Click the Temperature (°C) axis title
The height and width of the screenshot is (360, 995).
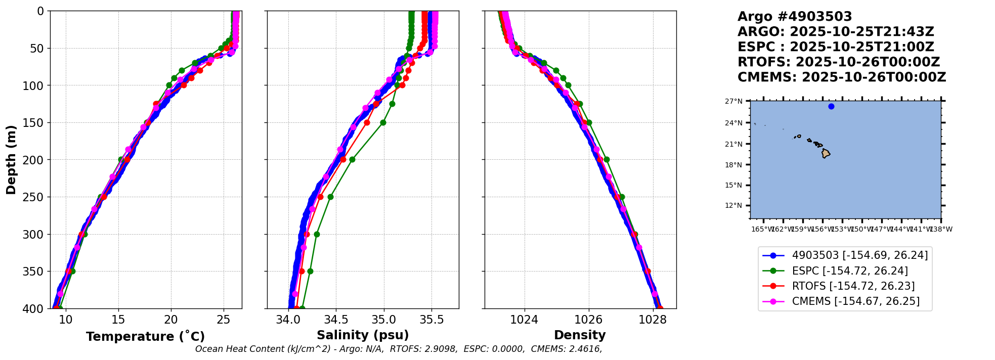click(x=145, y=337)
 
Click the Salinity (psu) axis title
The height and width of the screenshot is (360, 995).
click(x=363, y=335)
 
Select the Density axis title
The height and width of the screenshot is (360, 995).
click(x=580, y=335)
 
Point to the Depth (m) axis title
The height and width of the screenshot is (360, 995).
click(x=11, y=160)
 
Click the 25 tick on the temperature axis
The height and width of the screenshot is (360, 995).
click(x=223, y=320)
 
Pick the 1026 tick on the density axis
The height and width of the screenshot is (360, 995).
click(x=589, y=320)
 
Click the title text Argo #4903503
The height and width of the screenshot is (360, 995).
click(x=795, y=17)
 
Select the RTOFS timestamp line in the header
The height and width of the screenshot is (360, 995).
click(x=838, y=62)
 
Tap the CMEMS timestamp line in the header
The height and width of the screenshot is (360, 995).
click(x=841, y=77)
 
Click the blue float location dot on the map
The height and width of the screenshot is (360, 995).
click(x=831, y=106)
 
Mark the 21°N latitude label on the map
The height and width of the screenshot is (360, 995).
click(x=733, y=144)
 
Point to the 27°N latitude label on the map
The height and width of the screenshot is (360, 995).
click(x=733, y=102)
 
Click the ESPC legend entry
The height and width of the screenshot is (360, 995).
click(x=849, y=271)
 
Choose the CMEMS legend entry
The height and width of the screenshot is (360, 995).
click(x=855, y=301)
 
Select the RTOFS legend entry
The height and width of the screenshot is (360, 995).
click(x=853, y=286)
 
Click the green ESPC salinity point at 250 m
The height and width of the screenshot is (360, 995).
click(x=330, y=197)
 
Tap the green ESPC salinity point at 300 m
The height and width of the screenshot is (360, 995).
click(x=317, y=234)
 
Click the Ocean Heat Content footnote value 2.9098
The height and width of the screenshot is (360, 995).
click(x=441, y=349)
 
